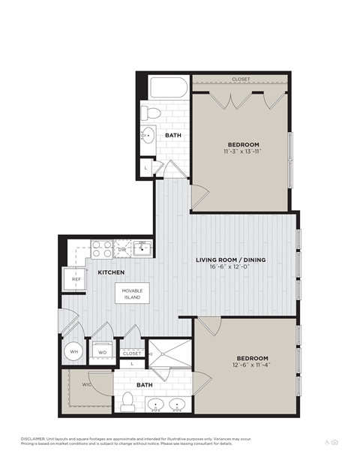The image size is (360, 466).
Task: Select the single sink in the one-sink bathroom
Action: (148, 137)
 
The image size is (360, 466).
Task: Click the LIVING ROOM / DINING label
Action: (231, 260)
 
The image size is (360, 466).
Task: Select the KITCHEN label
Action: (111, 272)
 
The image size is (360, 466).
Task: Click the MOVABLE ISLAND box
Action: (132, 294)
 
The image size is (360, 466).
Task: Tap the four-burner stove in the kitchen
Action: (102, 248)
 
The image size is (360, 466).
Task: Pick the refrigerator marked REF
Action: (76, 278)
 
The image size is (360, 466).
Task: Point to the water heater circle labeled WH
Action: (74, 350)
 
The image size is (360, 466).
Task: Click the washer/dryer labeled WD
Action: (102, 350)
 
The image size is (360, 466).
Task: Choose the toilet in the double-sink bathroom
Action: (127, 401)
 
